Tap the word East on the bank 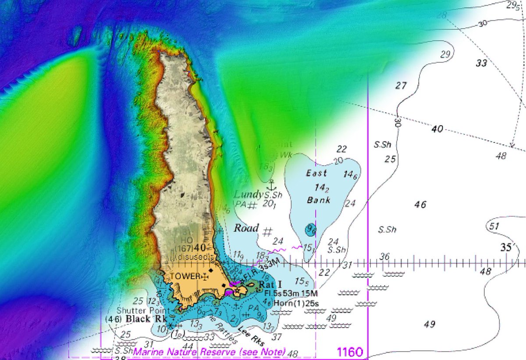[316, 173]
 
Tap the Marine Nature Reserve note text [210, 352]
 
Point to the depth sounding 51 [494, 226]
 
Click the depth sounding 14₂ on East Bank [321, 187]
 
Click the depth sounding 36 [384, 257]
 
